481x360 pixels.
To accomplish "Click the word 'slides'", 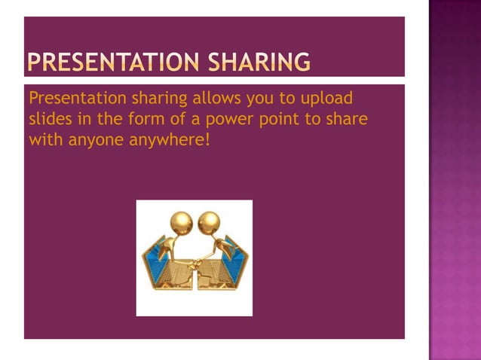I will point(47,119).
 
